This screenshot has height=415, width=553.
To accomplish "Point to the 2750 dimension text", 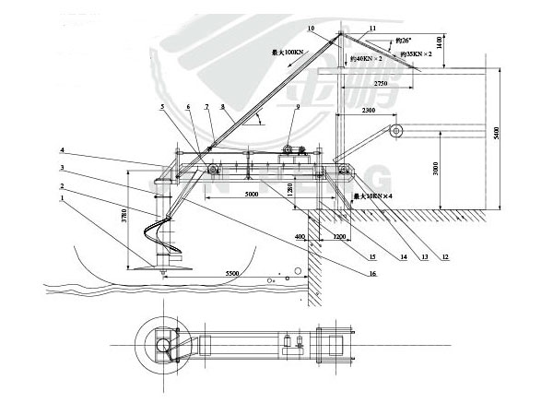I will [373, 83].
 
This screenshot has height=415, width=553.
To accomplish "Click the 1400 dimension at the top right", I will [441, 42].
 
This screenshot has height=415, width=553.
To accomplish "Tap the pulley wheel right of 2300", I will [397, 132].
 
